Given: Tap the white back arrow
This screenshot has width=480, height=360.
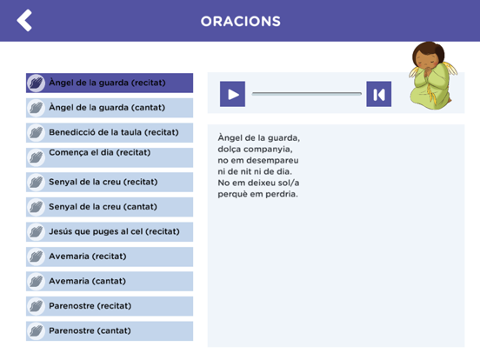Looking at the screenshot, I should click(24, 20).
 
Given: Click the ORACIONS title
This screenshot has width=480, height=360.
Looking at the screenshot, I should click(241, 21).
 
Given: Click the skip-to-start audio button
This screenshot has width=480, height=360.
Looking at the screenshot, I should click(378, 94).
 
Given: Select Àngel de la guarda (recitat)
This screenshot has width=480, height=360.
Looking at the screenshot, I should click(110, 83).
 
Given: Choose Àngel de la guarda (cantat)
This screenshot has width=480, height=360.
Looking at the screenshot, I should click(110, 108).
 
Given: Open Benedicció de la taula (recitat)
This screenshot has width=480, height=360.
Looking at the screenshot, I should click(110, 132).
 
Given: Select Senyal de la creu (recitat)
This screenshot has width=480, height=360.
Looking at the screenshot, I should click(110, 183).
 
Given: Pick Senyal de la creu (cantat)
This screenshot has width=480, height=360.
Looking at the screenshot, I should click(110, 207).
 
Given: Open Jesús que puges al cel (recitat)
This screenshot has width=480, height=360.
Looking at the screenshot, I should click(110, 232).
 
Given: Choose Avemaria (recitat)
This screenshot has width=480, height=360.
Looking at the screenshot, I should click(110, 257).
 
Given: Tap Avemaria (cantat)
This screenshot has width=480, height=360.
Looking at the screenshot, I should click(110, 282).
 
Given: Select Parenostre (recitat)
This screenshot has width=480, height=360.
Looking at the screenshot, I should click(110, 306).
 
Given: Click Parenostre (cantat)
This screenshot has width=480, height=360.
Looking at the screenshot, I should click(110, 331).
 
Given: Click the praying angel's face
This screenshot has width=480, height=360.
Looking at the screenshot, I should click(428, 60).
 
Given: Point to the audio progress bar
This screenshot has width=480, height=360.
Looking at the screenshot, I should click(306, 93).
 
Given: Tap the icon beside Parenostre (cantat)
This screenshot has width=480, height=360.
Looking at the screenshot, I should click(37, 331).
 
